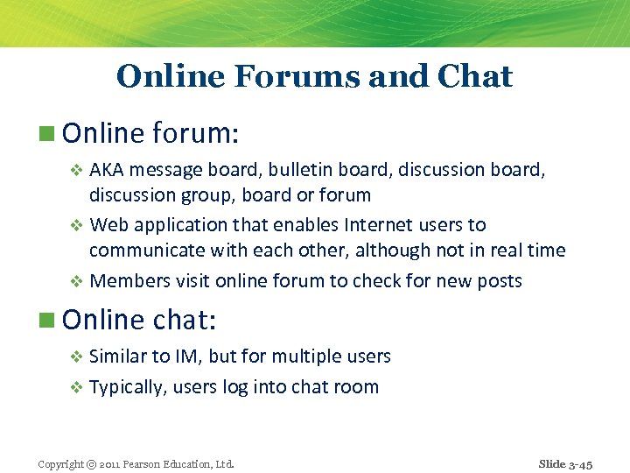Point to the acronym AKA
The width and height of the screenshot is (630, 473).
pyautogui.click(x=107, y=169)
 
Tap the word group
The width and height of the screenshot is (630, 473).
pyautogui.click(x=210, y=195)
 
